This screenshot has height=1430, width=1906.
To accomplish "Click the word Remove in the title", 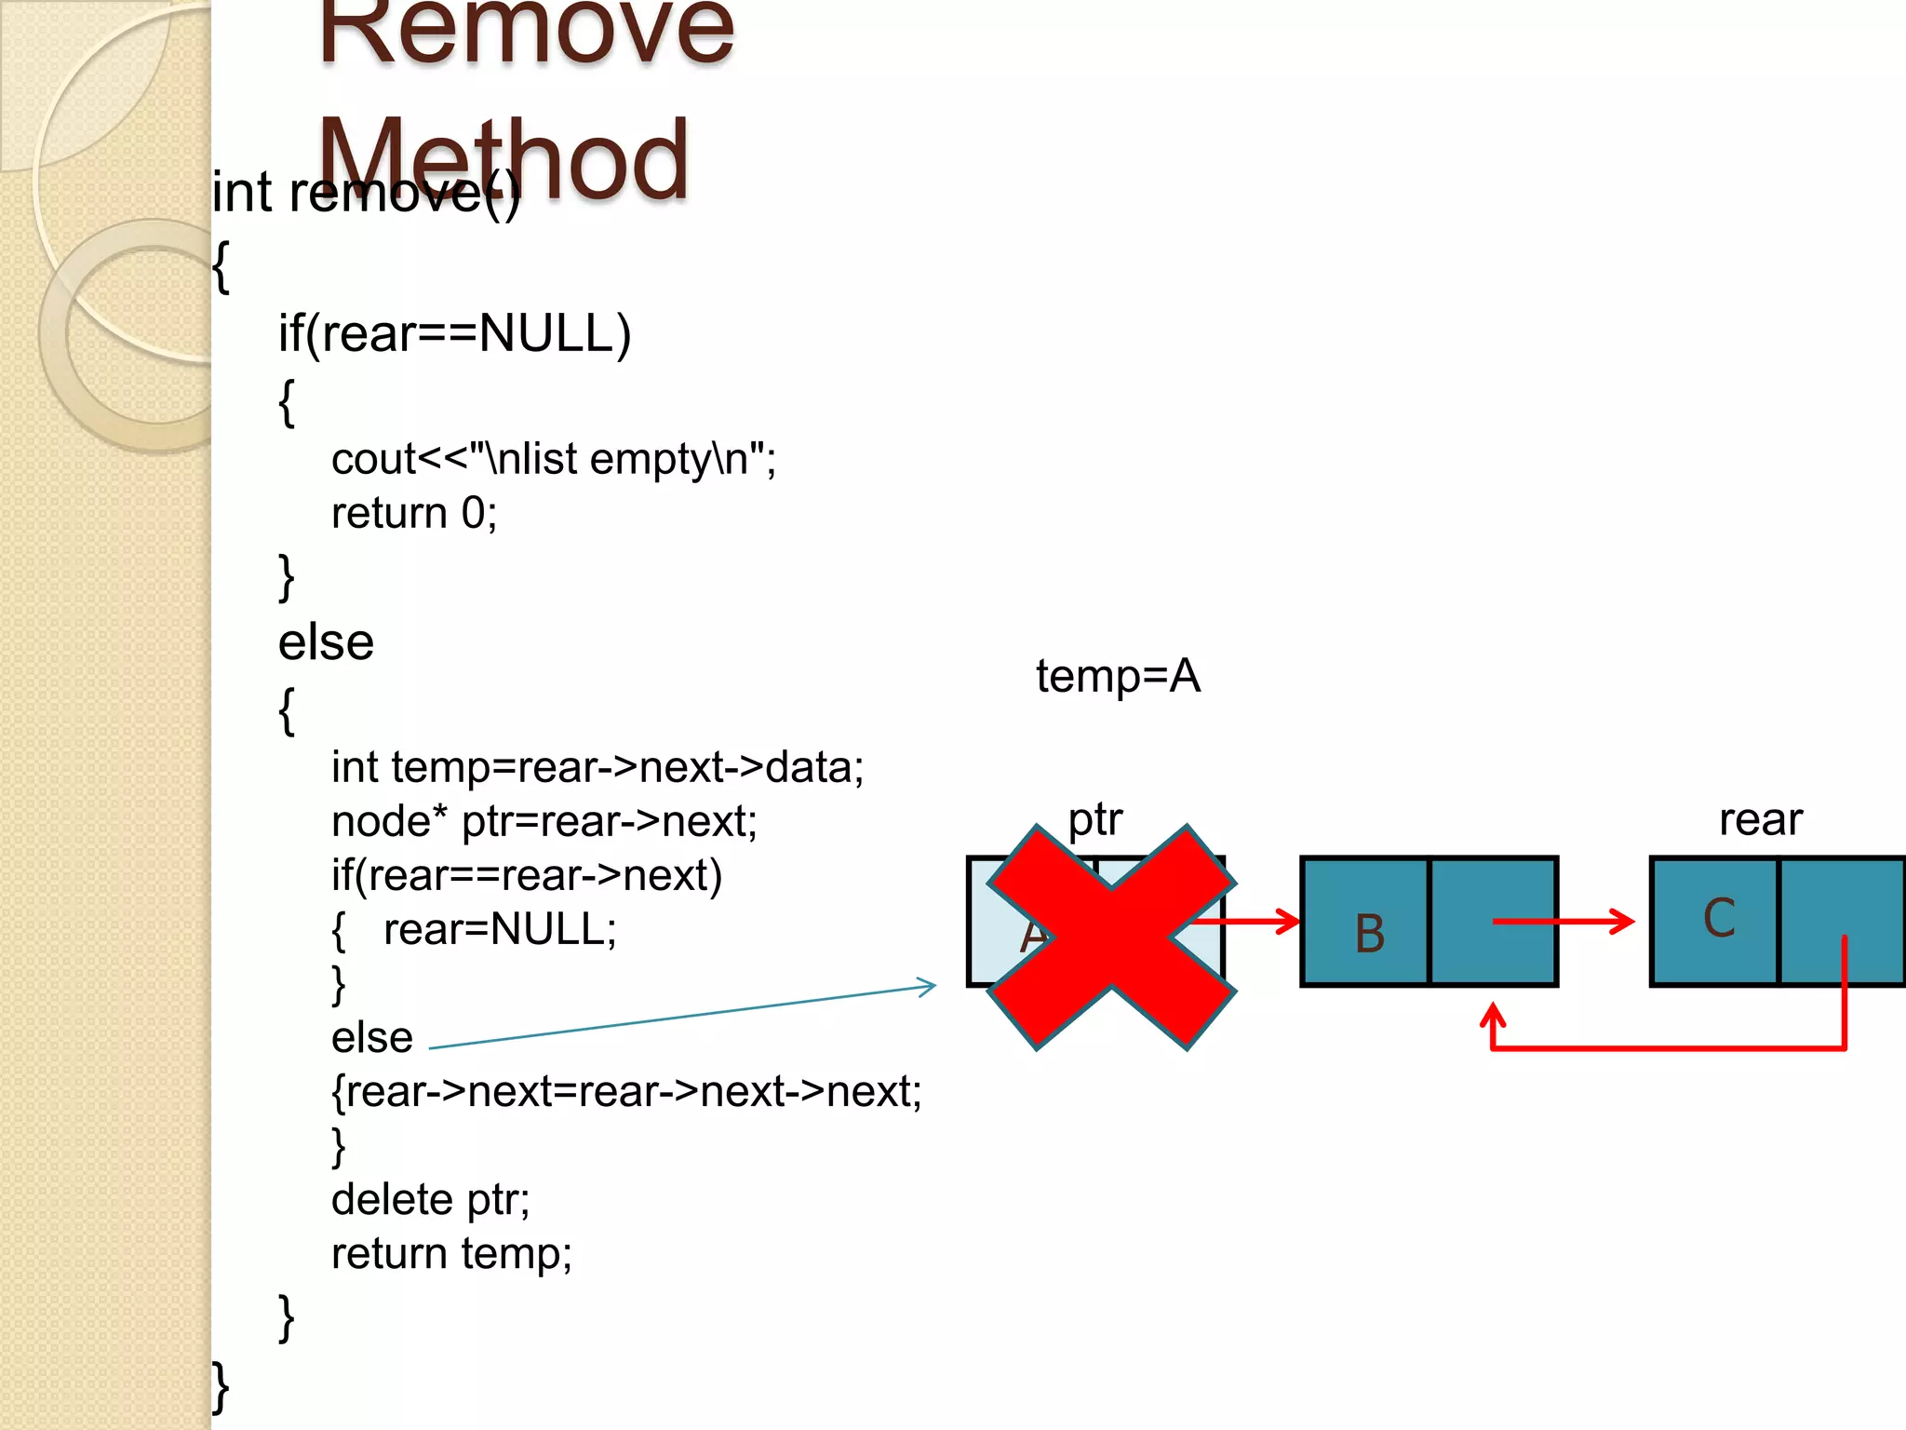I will [x=526, y=33].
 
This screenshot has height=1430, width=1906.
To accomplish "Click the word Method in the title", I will [x=503, y=160].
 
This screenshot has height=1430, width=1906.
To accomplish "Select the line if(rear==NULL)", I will [x=454, y=333].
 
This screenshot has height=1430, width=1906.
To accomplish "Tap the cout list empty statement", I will [x=553, y=459].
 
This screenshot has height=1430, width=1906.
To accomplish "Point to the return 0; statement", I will [x=414, y=513].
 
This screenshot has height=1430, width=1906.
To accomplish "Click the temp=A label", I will [x=1118, y=676].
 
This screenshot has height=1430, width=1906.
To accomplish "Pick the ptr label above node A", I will [x=1094, y=819].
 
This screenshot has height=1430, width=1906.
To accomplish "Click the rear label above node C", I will [x=1760, y=819].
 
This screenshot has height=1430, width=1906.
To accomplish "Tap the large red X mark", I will [x=1111, y=938].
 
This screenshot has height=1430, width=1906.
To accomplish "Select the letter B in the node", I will [x=1369, y=933].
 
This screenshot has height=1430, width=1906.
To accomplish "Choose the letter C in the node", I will [x=1719, y=918].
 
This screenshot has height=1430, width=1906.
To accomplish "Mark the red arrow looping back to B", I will [x=1666, y=1048].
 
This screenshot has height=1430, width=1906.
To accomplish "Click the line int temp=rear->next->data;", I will [x=597, y=767].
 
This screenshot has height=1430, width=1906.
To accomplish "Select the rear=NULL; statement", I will [x=500, y=929].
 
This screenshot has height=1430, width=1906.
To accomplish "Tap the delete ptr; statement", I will [x=430, y=1199].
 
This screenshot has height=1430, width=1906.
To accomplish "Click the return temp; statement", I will [x=451, y=1253].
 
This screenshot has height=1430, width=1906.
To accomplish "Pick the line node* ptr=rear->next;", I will [x=544, y=821].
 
